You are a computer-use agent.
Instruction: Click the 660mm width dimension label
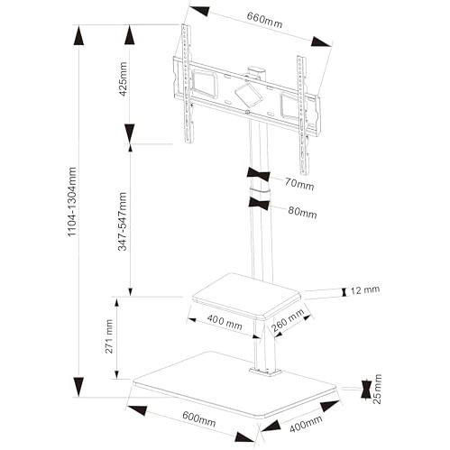coord(264,20)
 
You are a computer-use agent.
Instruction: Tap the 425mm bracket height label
coord(123,78)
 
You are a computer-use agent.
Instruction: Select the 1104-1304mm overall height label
coord(72,202)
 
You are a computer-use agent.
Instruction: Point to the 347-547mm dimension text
coord(123,222)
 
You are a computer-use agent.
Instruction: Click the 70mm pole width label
coord(299,183)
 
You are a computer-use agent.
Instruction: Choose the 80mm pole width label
coord(302,212)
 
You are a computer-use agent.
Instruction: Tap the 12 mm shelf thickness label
coord(365,290)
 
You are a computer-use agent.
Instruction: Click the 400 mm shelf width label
coord(225,322)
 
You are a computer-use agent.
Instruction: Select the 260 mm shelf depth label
coord(288,321)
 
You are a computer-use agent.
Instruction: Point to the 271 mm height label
coord(108,336)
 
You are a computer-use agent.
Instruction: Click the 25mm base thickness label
coord(377,389)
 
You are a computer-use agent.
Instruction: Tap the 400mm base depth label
coord(306,424)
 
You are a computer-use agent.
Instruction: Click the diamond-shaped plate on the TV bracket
coord(248,95)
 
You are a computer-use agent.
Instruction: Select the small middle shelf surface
coord(246,294)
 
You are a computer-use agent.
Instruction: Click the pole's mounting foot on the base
coord(264,372)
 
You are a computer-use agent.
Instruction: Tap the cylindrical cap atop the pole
coord(257,73)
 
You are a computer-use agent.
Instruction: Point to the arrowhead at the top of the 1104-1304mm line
coord(78,36)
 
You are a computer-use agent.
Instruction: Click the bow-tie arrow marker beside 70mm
coord(258,175)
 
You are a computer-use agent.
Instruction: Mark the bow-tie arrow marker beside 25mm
coord(366,390)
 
